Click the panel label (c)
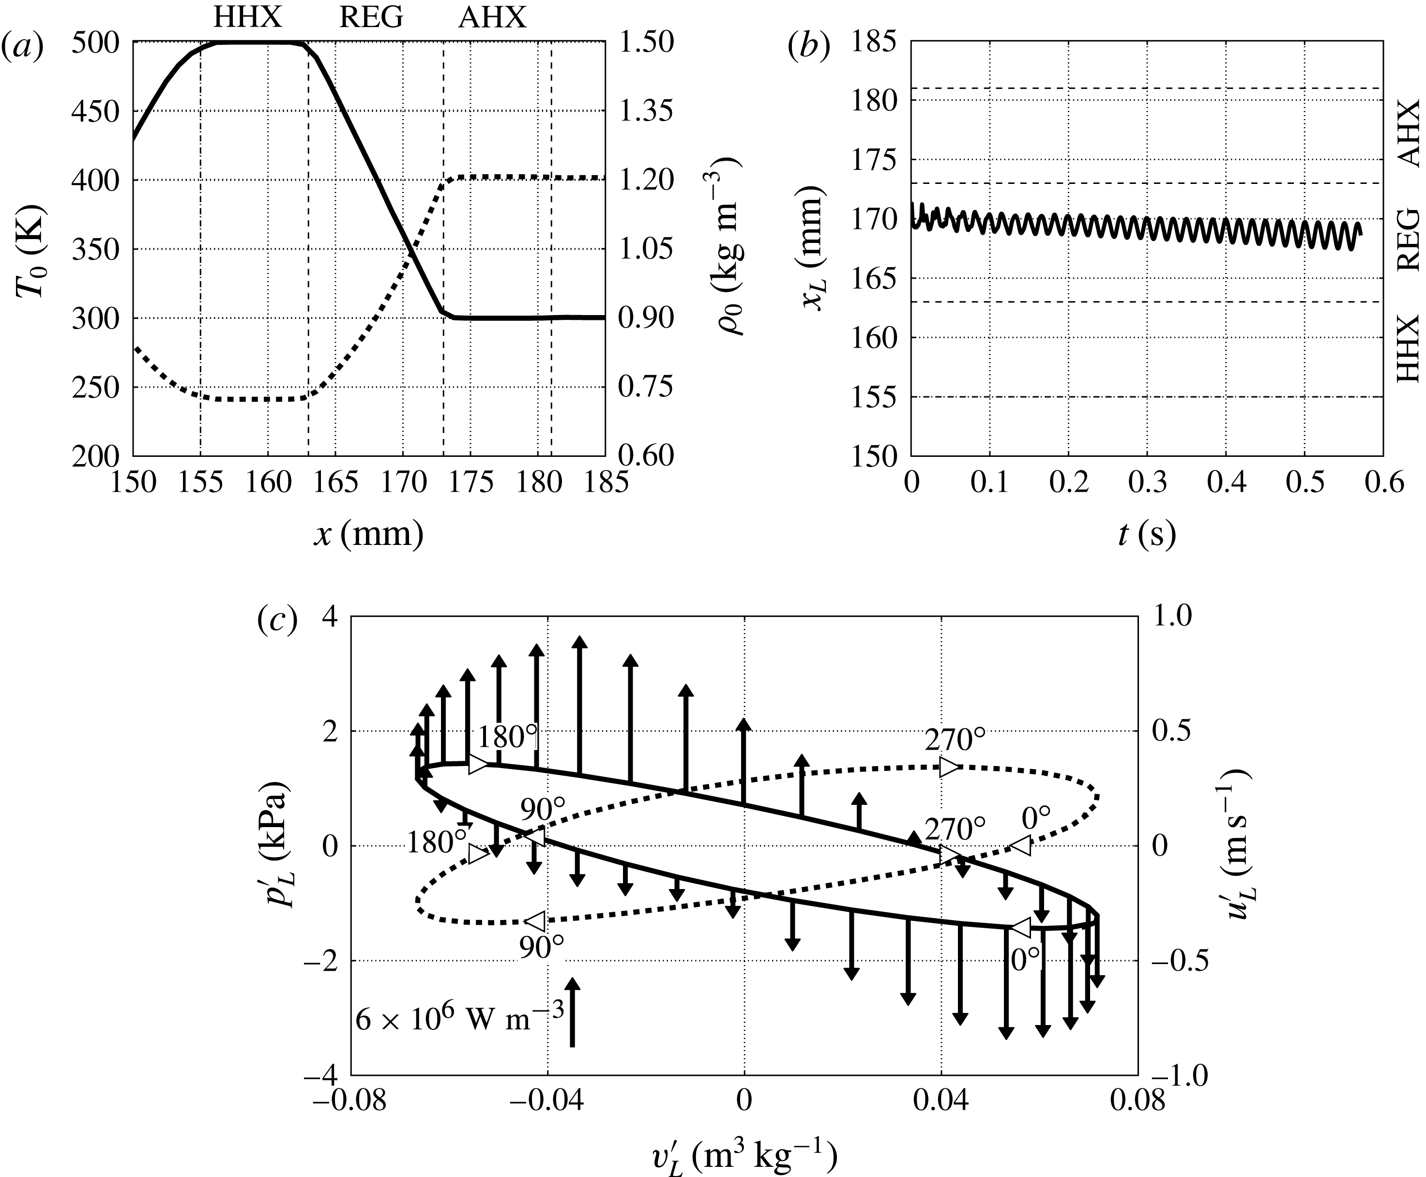point(278,620)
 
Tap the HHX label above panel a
point(247,16)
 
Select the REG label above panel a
point(371,16)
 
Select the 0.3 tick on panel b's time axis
point(1147,482)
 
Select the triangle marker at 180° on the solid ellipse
point(478,764)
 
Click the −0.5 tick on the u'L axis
point(1180,961)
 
